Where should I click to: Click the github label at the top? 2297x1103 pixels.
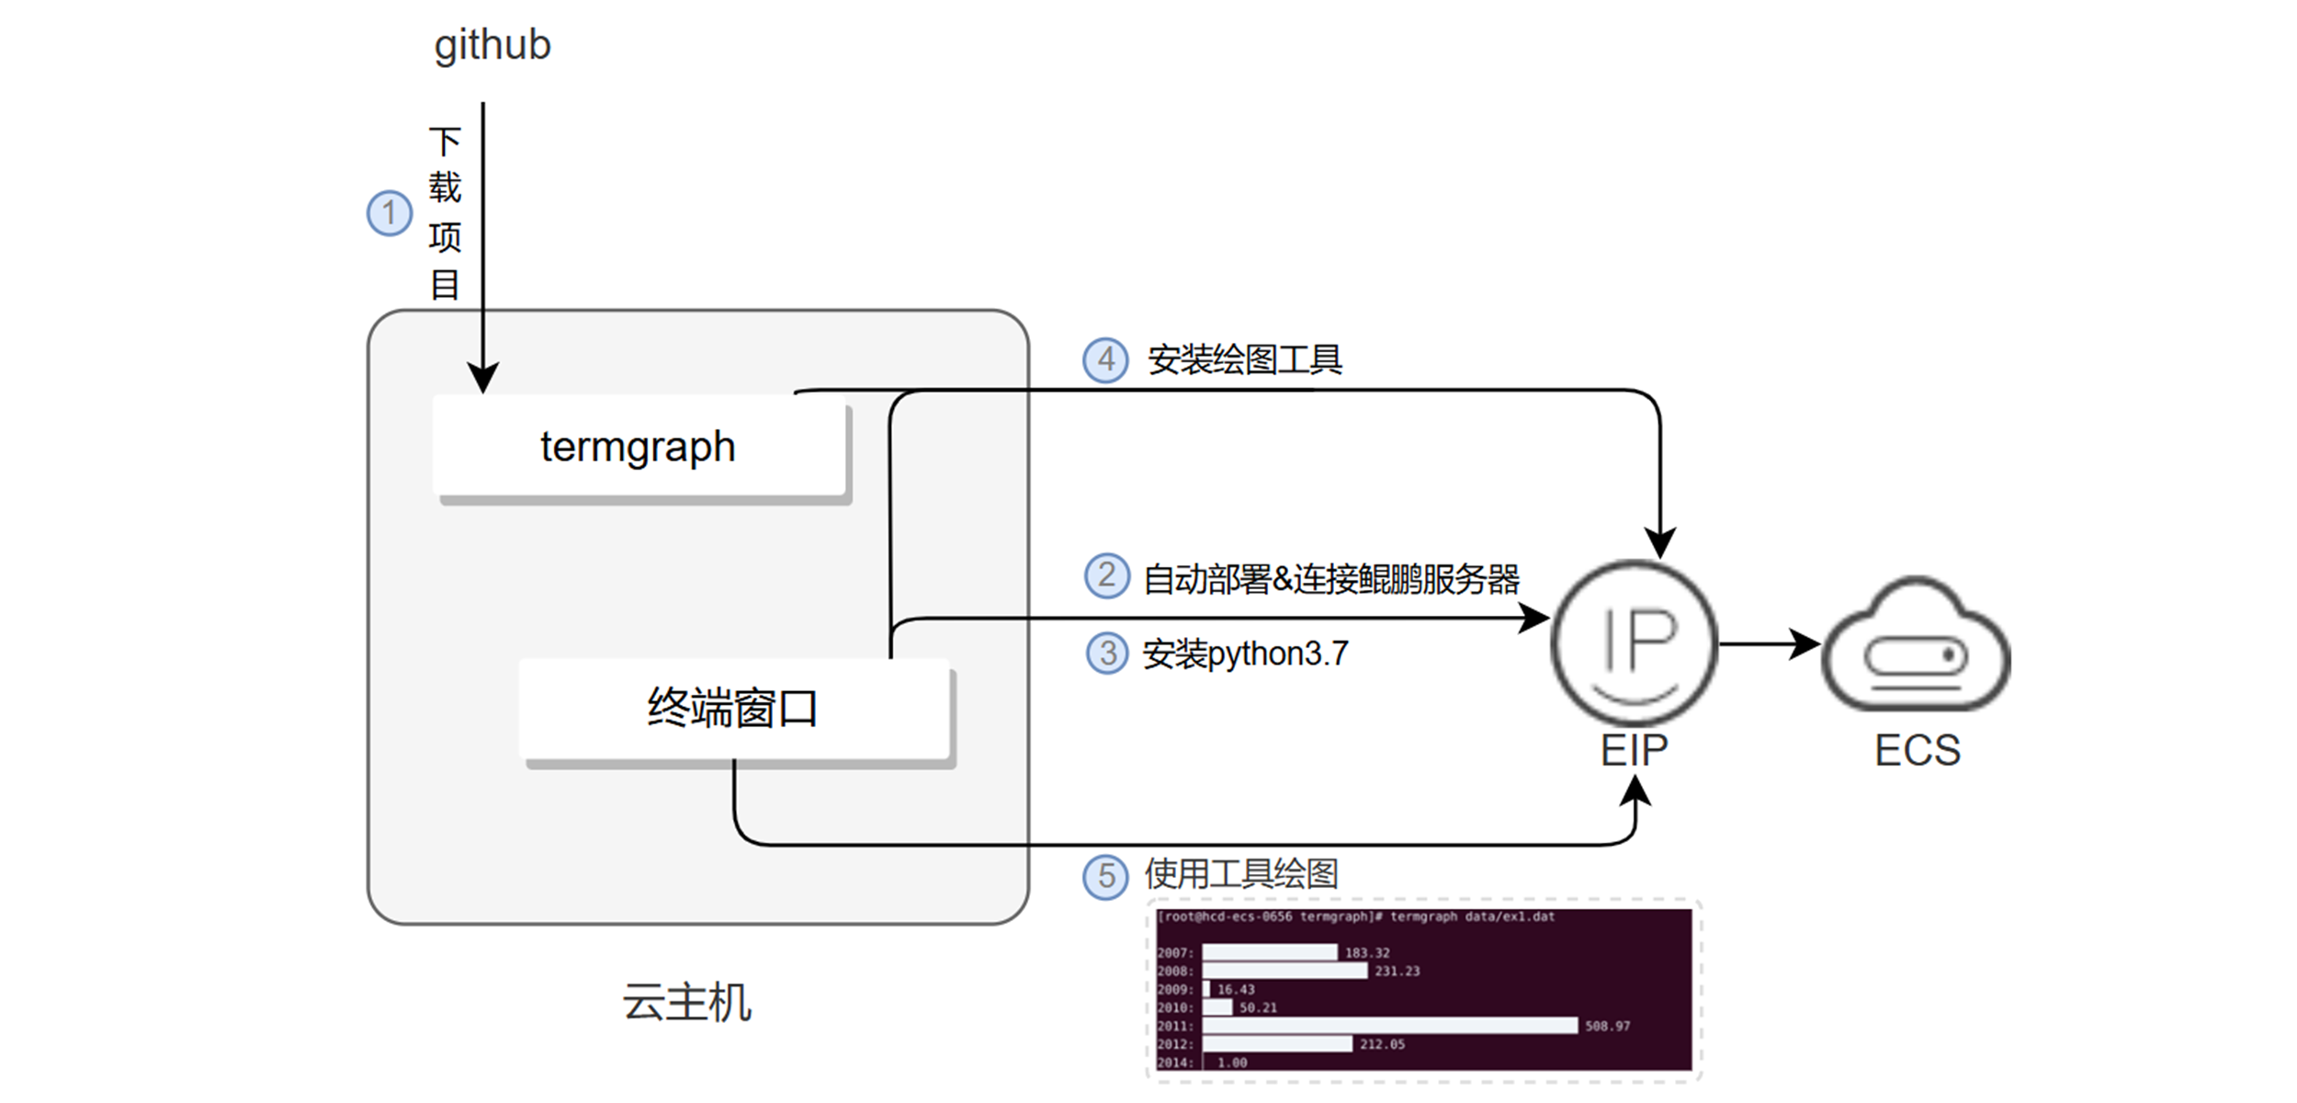pos(492,45)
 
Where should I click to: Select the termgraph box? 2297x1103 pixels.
pos(639,447)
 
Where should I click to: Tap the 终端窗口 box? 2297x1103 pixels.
pos(733,709)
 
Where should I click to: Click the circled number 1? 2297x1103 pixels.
pos(390,213)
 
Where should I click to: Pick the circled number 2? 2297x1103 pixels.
pos(1107,576)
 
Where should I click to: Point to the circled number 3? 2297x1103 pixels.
pos(1107,654)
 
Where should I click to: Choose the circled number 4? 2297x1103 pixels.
pos(1105,359)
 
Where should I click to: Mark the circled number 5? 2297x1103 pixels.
pos(1105,875)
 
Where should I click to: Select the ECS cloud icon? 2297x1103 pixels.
pos(1917,647)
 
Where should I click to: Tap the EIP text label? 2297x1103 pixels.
pos(1634,751)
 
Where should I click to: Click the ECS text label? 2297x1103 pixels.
pos(1918,751)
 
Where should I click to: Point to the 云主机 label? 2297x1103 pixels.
pos(686,1002)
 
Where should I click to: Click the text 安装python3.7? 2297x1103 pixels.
pos(1245,654)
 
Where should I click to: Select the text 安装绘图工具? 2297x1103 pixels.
pos(1244,359)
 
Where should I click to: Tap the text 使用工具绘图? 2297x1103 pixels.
pos(1240,874)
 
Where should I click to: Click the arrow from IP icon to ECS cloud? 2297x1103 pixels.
pos(1769,643)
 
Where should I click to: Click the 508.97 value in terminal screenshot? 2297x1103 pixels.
pos(1607,1026)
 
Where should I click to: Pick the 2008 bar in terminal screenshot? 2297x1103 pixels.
pos(1284,971)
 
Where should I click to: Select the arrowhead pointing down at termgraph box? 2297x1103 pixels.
pos(482,378)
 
